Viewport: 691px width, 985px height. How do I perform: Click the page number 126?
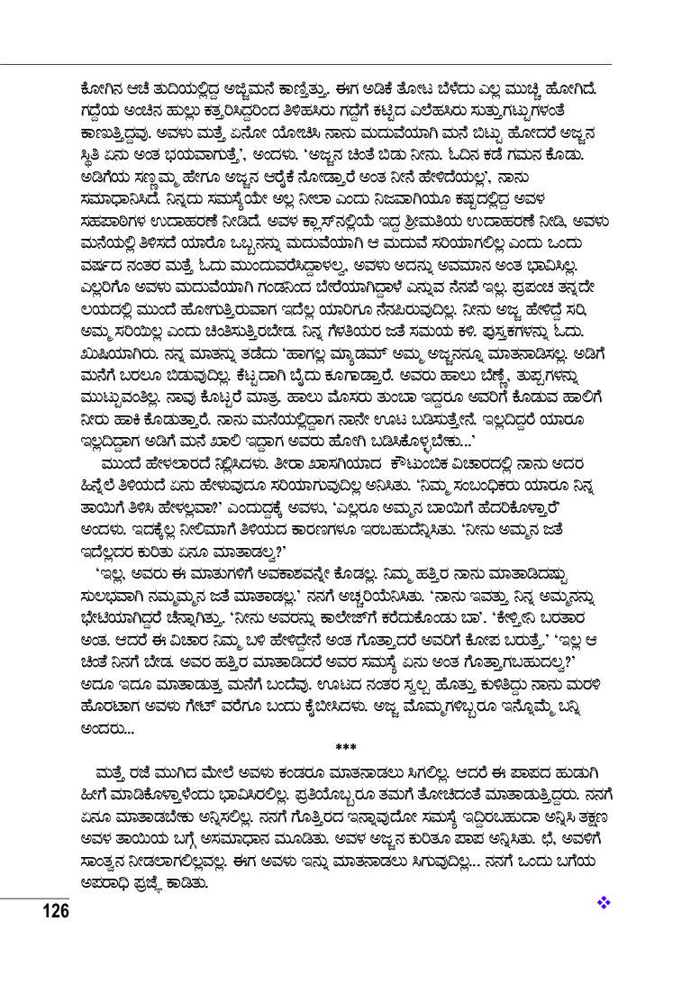(x=52, y=909)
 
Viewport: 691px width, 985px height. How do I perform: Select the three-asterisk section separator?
(x=346, y=747)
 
